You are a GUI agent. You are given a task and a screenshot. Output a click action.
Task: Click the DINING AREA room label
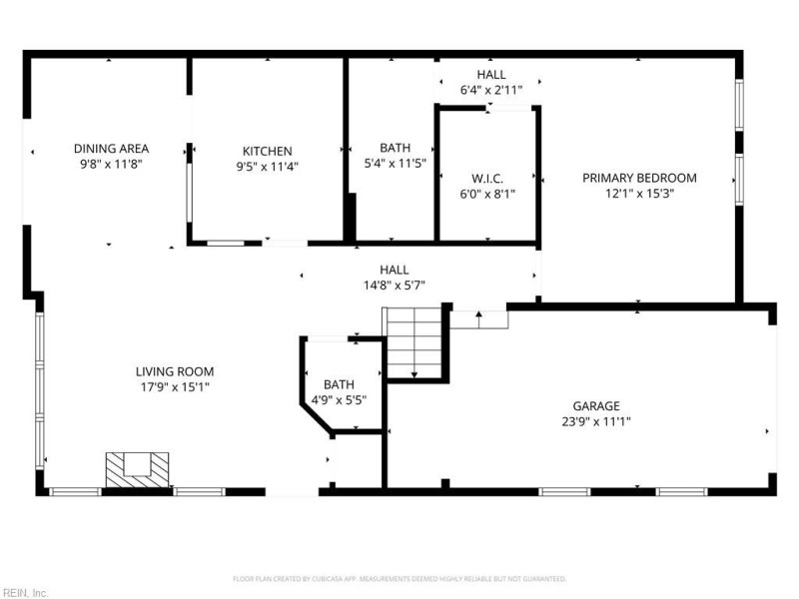click(111, 149)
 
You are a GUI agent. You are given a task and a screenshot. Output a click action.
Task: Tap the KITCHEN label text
click(267, 152)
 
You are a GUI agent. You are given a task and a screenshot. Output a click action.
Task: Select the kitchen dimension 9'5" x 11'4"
click(267, 167)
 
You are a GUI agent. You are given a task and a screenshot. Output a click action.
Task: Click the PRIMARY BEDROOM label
click(639, 178)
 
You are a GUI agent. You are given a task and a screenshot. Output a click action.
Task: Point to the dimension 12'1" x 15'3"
click(639, 194)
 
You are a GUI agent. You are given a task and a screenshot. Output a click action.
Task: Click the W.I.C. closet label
click(487, 179)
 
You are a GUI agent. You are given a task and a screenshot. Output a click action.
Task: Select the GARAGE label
click(596, 405)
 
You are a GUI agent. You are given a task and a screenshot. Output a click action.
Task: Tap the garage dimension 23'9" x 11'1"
click(596, 421)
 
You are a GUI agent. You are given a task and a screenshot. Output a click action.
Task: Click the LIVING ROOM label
click(175, 371)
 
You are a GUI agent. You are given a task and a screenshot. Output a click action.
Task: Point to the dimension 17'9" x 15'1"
click(175, 387)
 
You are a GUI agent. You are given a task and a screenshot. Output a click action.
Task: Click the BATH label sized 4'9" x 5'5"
click(339, 384)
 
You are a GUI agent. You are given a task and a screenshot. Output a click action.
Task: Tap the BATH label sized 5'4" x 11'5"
click(395, 148)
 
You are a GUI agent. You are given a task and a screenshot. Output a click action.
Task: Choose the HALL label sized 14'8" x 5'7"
click(394, 270)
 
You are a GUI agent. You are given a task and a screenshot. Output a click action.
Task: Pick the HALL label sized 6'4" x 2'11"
click(490, 75)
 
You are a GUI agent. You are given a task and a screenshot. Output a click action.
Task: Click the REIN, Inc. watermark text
click(25, 592)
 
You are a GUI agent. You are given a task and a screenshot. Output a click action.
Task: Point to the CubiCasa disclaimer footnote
click(399, 579)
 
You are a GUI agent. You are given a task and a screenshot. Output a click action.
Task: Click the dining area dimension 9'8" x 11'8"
click(111, 164)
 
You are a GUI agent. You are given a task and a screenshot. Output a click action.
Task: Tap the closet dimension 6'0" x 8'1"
click(487, 195)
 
